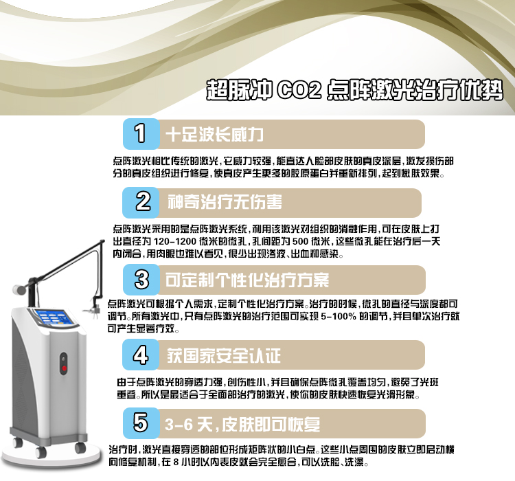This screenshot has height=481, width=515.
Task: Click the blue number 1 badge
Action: [141, 134]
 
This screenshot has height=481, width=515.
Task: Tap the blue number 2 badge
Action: [141, 202]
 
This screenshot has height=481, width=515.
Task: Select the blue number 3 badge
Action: [141, 280]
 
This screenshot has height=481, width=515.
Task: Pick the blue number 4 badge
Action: [141, 355]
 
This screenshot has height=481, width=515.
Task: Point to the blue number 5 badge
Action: [141, 423]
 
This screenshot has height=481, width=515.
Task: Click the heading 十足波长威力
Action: [214, 135]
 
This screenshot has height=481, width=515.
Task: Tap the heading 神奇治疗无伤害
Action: [225, 202]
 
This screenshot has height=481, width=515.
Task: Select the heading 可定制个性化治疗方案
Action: [247, 280]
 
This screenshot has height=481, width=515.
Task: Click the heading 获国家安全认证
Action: [224, 355]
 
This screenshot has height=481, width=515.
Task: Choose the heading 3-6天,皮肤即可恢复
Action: [242, 424]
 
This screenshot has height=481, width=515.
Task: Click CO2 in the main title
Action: [299, 90]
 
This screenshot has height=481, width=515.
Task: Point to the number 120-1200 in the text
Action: [174, 241]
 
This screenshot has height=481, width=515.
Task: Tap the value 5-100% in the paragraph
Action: [339, 316]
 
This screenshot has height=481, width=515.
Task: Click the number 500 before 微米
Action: [301, 241]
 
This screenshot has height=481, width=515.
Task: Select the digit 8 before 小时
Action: [176, 462]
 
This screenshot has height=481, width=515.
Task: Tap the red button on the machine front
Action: [65, 368]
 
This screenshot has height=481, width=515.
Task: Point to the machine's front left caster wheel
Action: [41, 452]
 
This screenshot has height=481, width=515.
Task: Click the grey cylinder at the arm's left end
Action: [19, 290]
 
